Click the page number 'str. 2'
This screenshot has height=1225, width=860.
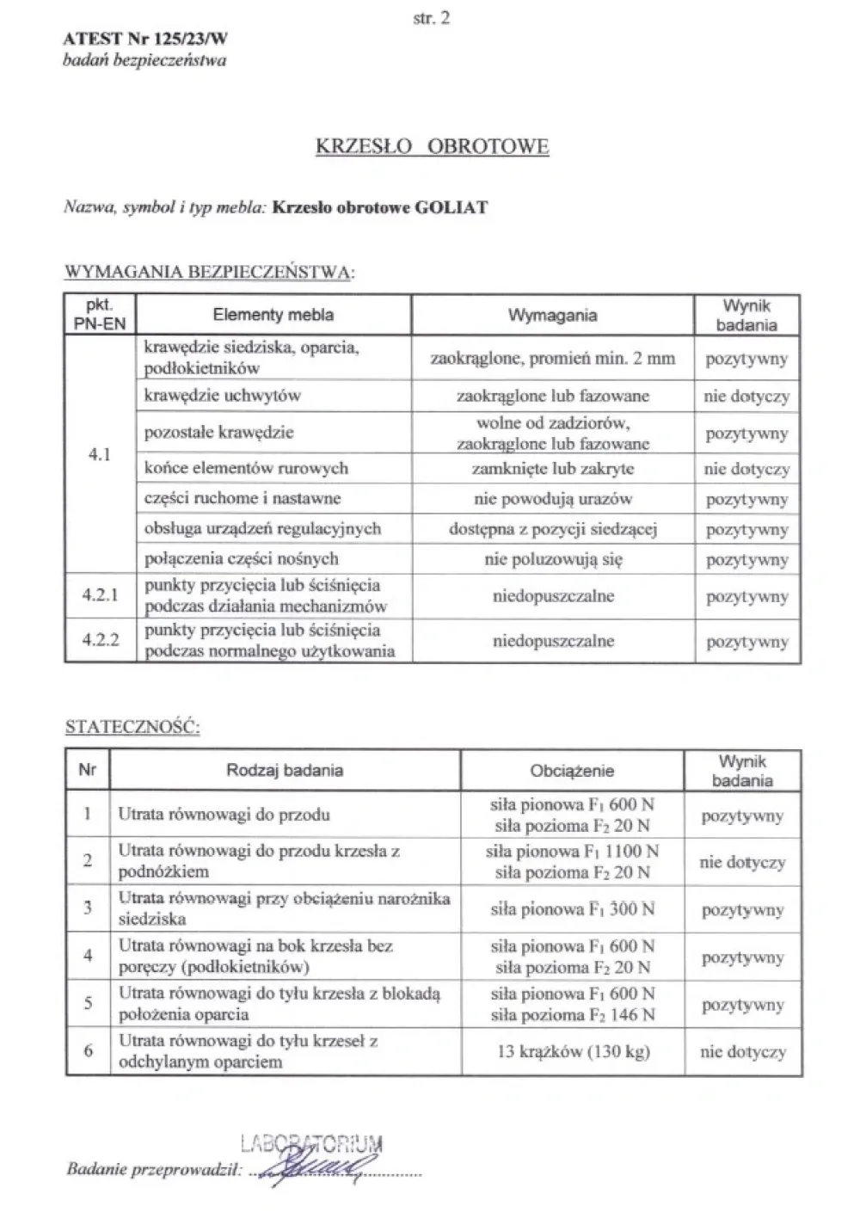point(431,17)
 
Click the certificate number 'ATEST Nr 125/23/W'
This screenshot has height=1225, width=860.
point(145,39)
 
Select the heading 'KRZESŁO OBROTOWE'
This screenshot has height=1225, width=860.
point(432,146)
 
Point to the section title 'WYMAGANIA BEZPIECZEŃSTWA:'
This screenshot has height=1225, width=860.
point(210,273)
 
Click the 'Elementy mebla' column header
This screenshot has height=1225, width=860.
point(273,315)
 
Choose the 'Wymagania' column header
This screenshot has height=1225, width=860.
point(552,315)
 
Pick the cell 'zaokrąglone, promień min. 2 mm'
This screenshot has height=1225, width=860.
point(552,359)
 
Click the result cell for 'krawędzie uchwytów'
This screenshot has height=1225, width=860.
point(746,397)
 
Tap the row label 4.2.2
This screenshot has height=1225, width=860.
point(100,641)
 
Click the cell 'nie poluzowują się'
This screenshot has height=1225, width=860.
point(552,559)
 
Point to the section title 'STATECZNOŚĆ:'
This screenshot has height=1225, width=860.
point(132,728)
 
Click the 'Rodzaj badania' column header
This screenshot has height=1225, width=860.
point(285,770)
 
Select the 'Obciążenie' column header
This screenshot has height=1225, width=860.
point(572,771)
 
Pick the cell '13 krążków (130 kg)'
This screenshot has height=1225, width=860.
point(572,1051)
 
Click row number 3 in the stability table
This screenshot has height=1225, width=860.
point(88,908)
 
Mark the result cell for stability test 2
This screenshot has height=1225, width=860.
point(742,862)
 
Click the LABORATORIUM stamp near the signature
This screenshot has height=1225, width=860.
point(311,1144)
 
